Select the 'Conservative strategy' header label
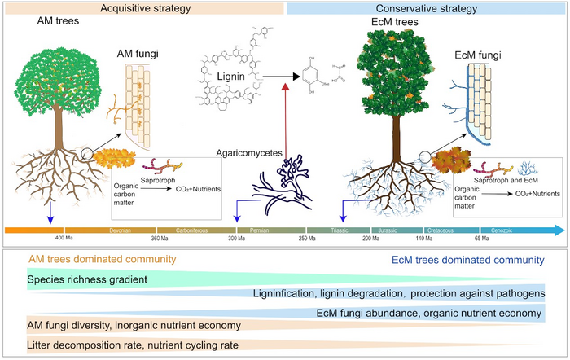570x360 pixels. coord(427,7)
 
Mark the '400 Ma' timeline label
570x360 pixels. coord(65,239)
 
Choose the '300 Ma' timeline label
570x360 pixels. coord(237,239)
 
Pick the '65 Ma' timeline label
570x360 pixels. coord(481,239)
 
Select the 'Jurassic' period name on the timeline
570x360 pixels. coord(388,230)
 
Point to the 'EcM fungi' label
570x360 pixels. coord(481,57)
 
